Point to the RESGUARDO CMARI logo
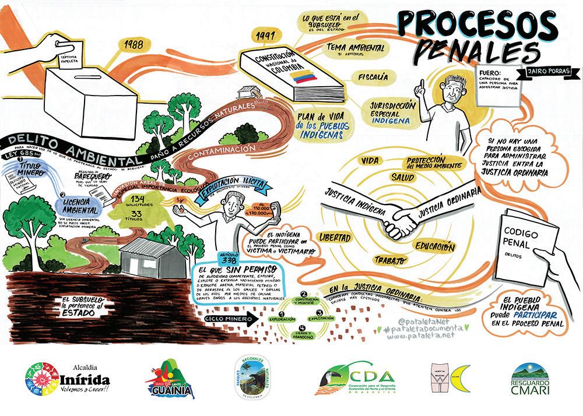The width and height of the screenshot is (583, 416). tap(530, 380)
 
